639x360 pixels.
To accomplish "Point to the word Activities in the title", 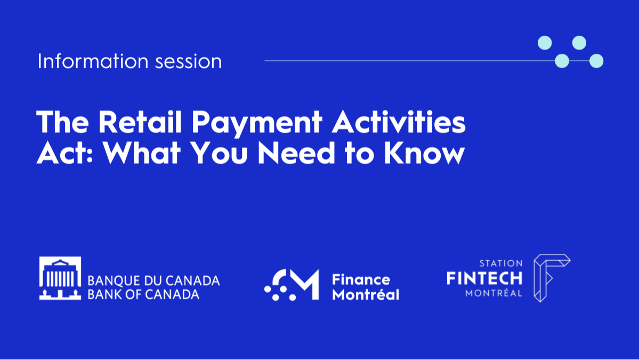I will click(399, 122).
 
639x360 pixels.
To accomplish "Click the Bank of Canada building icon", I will click(60, 278).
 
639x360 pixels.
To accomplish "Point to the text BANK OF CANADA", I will click(143, 294).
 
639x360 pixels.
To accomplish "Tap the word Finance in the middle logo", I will click(361, 279).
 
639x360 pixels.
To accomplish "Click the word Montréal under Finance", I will click(365, 294).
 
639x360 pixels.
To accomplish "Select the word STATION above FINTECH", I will click(501, 263).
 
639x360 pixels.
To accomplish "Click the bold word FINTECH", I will click(484, 278).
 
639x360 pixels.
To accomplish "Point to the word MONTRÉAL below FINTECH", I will click(494, 293).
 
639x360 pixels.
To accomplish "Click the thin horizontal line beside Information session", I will click(405, 61).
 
